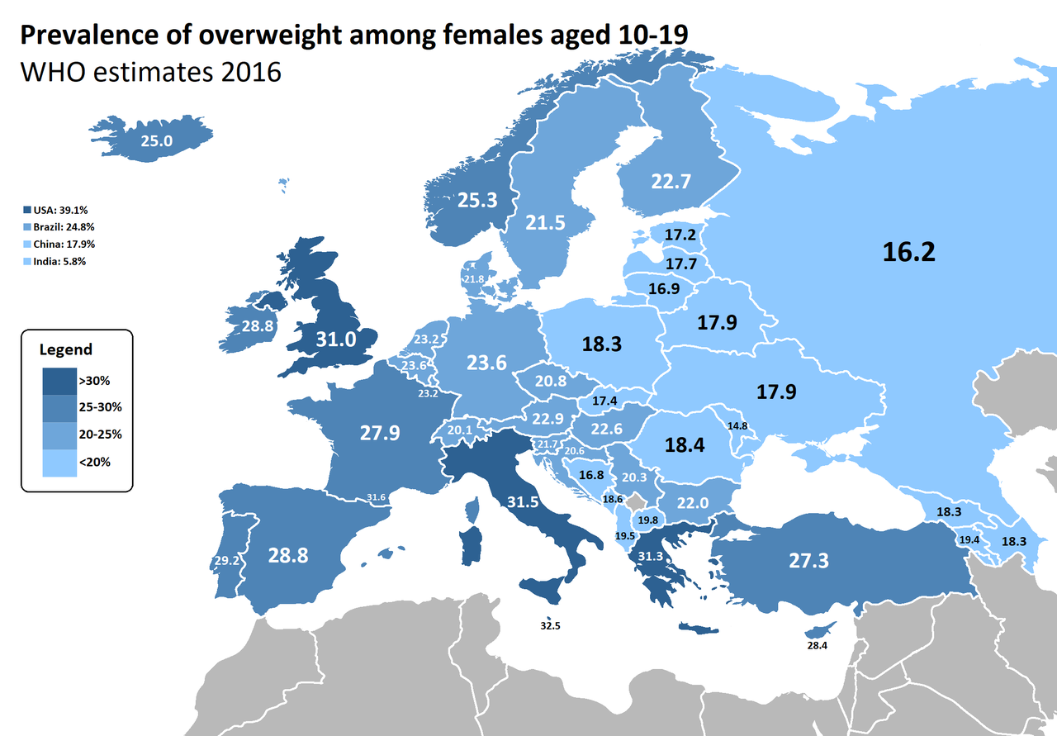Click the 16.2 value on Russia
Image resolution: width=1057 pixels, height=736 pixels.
908,252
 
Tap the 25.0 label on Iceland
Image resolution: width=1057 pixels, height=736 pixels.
155,141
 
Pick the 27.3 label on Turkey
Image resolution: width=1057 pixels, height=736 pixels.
808,561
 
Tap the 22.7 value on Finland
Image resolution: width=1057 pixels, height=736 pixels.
670,182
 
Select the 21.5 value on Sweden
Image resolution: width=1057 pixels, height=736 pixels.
547,222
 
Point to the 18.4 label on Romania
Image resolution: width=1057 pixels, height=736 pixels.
685,445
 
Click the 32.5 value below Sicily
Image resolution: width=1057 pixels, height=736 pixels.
550,626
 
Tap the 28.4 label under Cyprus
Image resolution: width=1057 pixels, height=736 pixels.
817,645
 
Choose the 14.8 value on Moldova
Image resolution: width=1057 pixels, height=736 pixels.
737,426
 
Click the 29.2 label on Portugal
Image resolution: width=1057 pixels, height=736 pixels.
227,560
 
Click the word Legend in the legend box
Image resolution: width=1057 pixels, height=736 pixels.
66,350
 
